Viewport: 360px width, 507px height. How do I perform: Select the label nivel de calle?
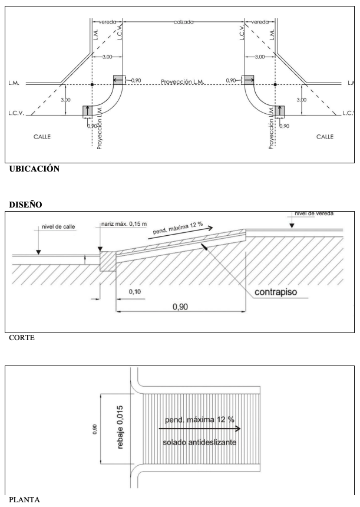(x=60, y=225)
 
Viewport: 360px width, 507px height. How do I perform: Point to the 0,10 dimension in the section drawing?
(x=134, y=292)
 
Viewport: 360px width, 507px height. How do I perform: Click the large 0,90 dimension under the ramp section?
(x=180, y=307)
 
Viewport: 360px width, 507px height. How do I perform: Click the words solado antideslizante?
(x=197, y=443)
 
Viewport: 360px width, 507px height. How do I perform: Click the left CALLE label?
(x=41, y=136)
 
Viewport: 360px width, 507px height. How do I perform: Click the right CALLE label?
(x=325, y=136)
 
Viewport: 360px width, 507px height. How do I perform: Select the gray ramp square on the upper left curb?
(x=118, y=80)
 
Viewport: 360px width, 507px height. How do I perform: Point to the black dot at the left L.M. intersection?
(x=92, y=84)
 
